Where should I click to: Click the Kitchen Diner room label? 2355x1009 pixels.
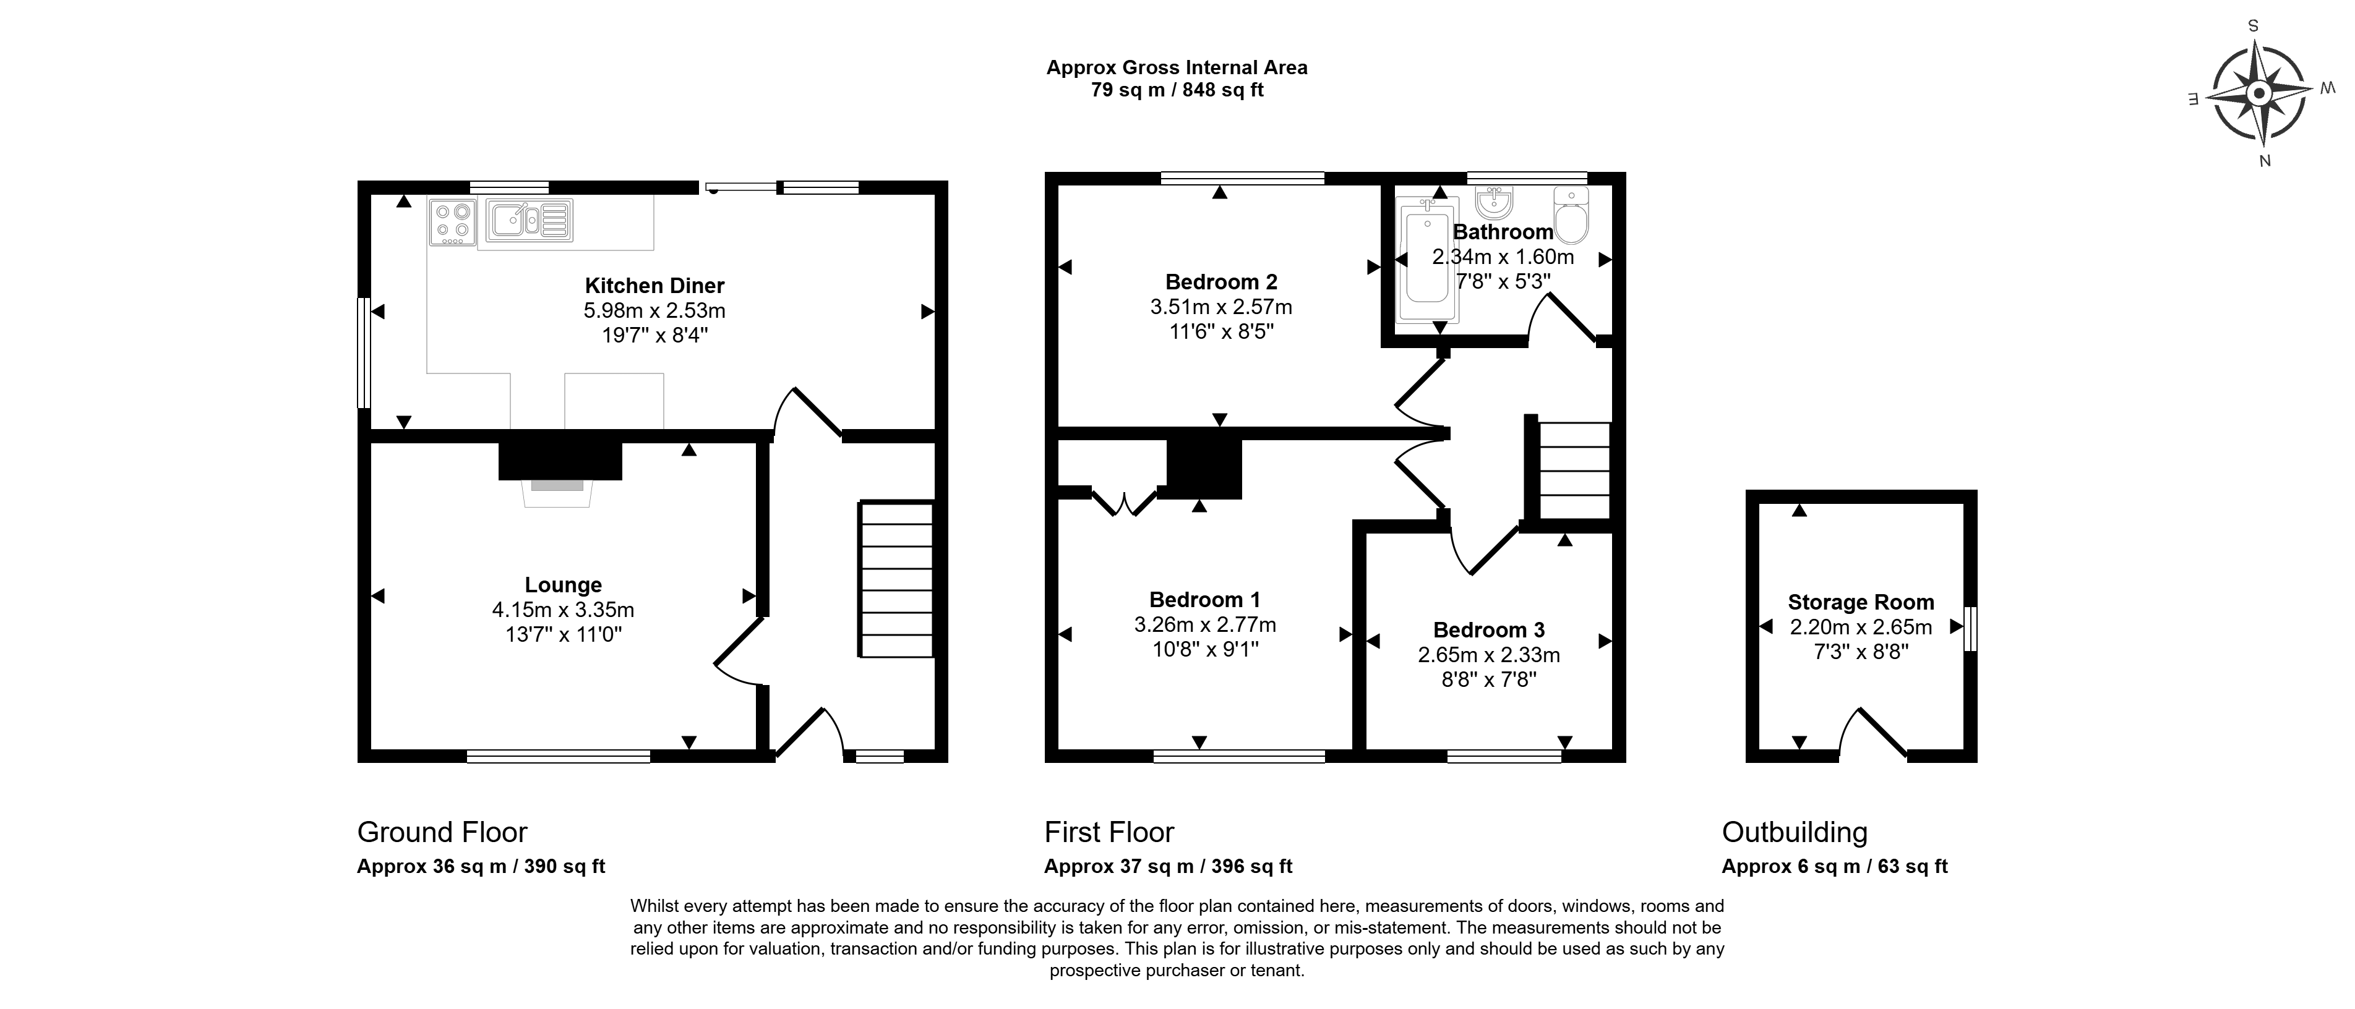(654, 286)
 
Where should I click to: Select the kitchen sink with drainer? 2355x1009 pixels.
(530, 220)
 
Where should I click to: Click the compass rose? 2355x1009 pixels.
(2258, 94)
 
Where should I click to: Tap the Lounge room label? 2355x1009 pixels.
(563, 585)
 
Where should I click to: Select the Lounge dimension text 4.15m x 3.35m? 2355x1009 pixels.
(563, 610)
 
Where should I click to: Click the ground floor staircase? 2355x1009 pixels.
(896, 579)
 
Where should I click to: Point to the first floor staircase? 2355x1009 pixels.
(1574, 470)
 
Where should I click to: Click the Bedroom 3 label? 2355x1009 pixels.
(1489, 630)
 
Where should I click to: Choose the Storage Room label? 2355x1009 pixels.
(1861, 602)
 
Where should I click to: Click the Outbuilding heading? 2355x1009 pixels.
(1795, 833)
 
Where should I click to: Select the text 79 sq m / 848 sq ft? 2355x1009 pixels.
(1178, 90)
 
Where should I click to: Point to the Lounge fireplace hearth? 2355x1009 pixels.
(557, 493)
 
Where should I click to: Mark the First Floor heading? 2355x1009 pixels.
(1109, 833)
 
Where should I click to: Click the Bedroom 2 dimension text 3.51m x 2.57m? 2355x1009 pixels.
(1221, 307)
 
